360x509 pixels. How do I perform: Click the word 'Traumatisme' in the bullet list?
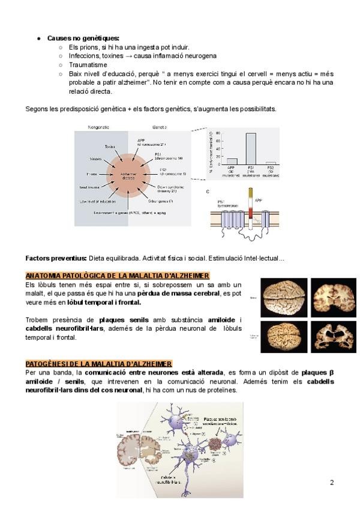(x=88, y=64)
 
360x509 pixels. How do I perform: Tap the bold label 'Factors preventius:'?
(x=56, y=258)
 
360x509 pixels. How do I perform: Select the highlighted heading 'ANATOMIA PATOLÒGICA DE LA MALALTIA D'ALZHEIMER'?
(x=117, y=275)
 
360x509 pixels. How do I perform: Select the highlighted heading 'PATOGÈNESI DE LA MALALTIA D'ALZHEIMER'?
(x=98, y=364)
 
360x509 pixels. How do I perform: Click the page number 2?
(x=332, y=482)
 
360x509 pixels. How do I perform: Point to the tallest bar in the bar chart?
(x=250, y=148)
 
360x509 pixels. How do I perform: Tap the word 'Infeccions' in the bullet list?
(x=85, y=56)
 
